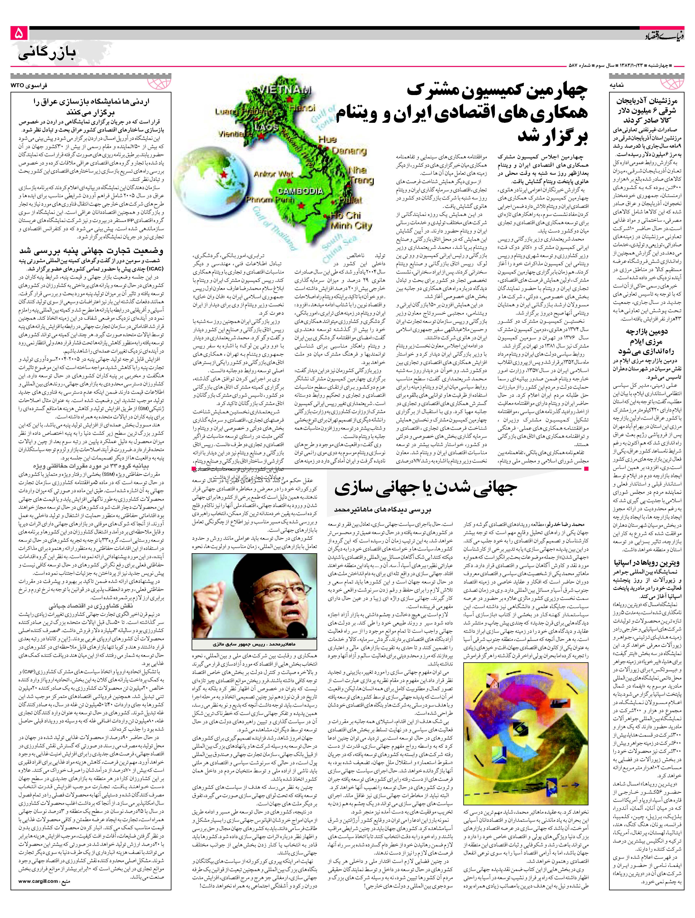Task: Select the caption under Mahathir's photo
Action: point(255,644)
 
